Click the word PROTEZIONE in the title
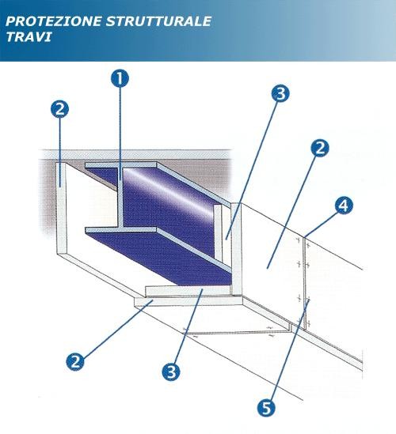pos(53,21)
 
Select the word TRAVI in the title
pos(29,36)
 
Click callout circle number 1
pos(120,78)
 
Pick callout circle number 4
pos(344,206)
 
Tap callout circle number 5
pos(266,407)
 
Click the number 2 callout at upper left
pos(59,109)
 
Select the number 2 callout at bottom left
pos(75,361)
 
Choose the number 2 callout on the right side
pos(319,148)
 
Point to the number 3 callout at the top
pos(280,93)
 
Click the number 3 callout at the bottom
pos(171,372)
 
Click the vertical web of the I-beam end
pos(120,198)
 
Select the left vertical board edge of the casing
pos(62,208)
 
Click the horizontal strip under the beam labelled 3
pos(188,291)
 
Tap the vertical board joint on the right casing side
pos(305,282)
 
